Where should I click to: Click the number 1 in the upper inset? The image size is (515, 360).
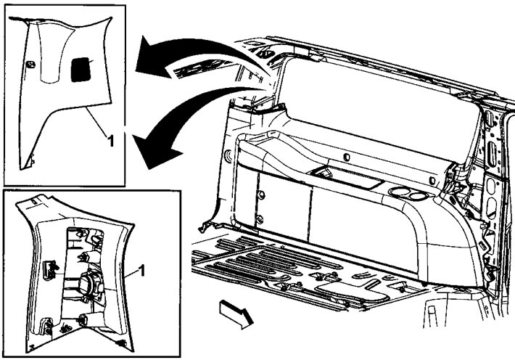(111, 141)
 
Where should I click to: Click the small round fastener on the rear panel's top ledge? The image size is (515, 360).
(346, 157)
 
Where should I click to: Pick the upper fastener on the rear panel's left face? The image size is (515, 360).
(260, 194)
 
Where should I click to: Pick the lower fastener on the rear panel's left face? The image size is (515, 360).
(259, 220)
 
